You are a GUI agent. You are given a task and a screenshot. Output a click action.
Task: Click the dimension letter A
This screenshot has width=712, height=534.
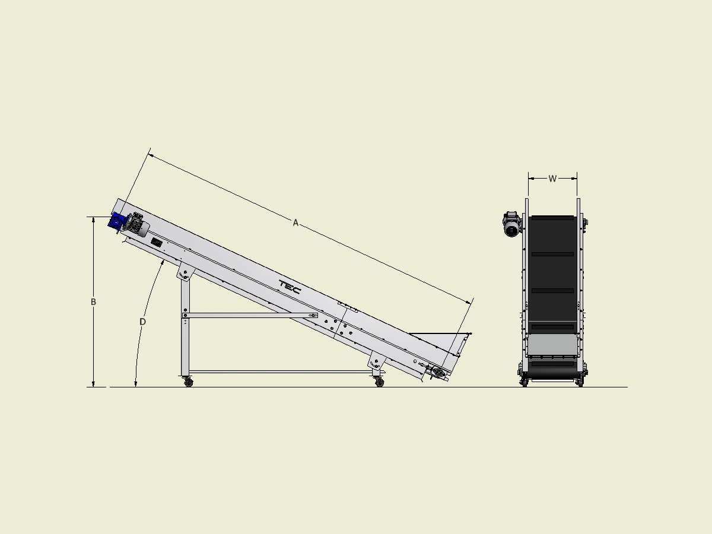pyautogui.click(x=295, y=223)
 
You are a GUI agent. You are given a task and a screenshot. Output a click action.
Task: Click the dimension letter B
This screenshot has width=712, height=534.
pyautogui.click(x=93, y=302)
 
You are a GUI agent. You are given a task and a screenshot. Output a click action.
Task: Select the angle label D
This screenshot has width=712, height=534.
pyautogui.click(x=142, y=322)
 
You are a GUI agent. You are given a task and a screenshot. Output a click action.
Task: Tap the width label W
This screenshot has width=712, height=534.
pyautogui.click(x=552, y=178)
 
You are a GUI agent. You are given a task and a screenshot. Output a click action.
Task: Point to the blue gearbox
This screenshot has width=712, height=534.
pyautogui.click(x=117, y=221)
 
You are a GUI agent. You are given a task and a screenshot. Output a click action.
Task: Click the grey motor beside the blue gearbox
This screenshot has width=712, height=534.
pyautogui.click(x=138, y=225)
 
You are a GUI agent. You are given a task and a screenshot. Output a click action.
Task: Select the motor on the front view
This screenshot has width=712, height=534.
pyautogui.click(x=511, y=225)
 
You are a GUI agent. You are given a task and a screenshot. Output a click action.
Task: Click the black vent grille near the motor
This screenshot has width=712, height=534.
pyautogui.click(x=157, y=243)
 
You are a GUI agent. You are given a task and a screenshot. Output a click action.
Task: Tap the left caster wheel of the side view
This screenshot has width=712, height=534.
pyautogui.click(x=189, y=383)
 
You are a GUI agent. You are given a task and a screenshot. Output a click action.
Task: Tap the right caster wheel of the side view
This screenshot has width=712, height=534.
pyautogui.click(x=379, y=382)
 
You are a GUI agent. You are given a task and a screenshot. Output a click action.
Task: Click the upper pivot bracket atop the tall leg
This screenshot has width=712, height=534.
pyautogui.click(x=185, y=274)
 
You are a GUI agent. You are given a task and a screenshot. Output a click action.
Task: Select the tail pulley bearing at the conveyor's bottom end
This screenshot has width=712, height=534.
pyautogui.click(x=438, y=373)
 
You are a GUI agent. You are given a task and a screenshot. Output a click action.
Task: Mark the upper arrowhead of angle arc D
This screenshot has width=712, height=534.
pyautogui.click(x=163, y=262)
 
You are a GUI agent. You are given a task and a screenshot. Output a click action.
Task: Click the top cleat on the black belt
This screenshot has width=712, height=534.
pyautogui.click(x=552, y=217)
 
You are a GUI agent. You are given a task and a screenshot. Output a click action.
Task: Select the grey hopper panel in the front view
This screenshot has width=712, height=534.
pyautogui.click(x=552, y=345)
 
